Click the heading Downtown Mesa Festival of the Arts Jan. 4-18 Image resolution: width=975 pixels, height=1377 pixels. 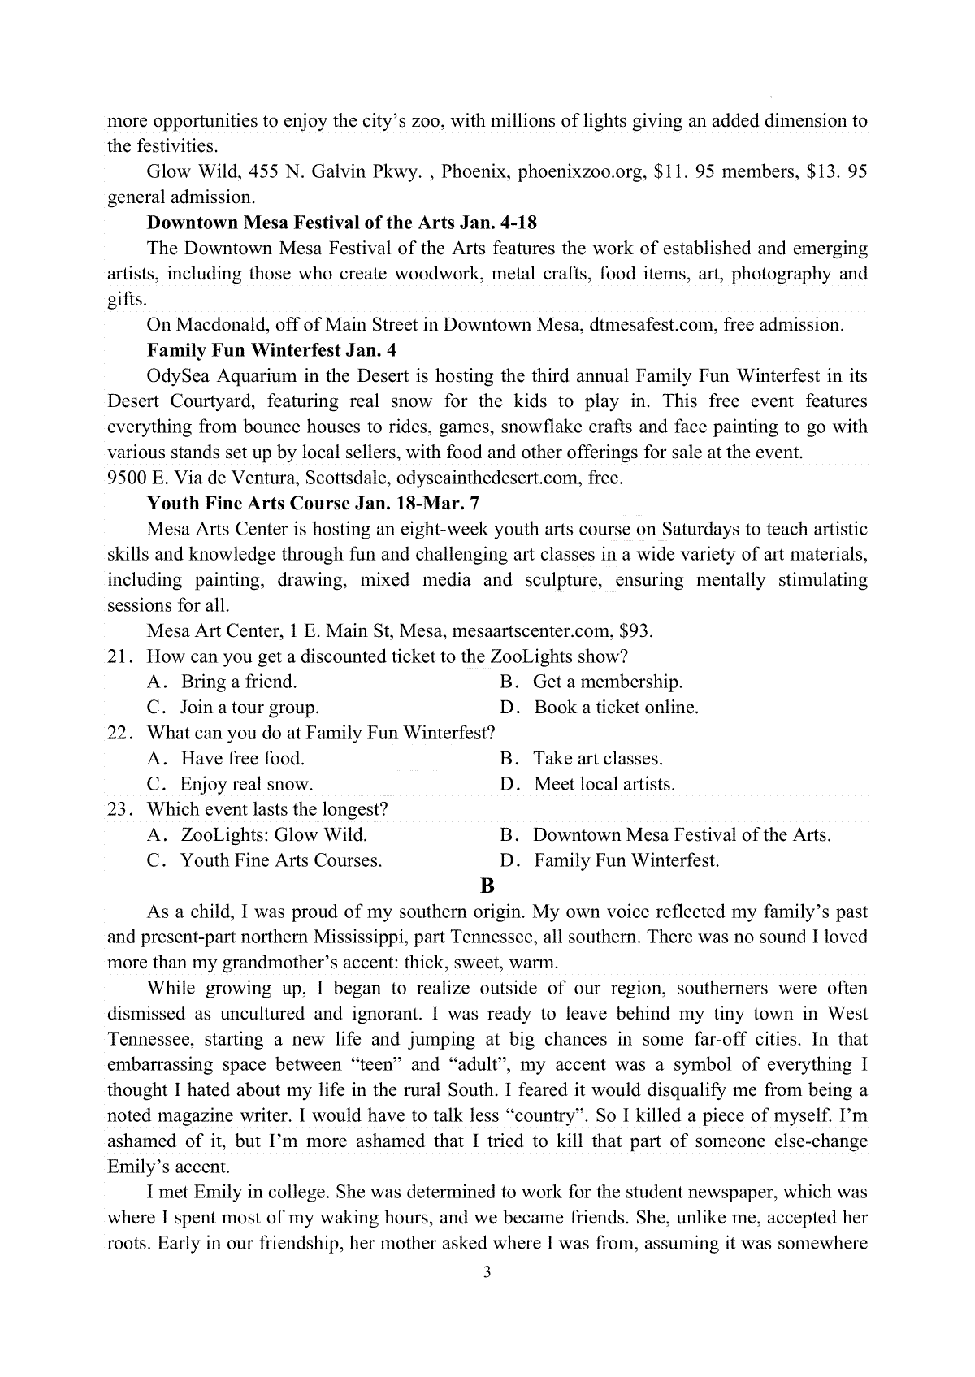(342, 223)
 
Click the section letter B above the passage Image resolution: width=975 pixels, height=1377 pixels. (487, 886)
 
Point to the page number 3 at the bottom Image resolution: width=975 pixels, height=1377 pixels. (487, 1272)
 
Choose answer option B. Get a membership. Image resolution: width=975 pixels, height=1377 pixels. (591, 682)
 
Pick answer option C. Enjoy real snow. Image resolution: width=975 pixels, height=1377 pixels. (230, 784)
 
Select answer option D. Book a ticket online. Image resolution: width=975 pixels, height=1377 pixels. (600, 708)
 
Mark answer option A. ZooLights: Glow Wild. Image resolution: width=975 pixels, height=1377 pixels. (258, 834)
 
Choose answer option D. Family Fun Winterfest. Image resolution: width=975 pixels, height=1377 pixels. (610, 860)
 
